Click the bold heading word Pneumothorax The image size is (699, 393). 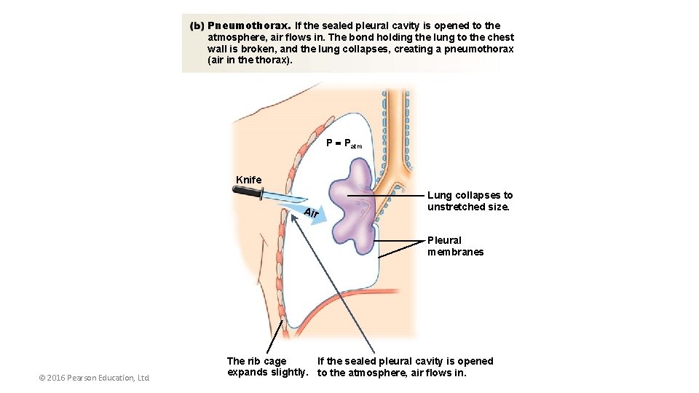(249, 25)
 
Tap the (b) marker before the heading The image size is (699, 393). (197, 25)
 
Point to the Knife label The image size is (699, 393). (249, 180)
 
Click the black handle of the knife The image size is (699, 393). (248, 193)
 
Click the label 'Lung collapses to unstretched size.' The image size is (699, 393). (470, 201)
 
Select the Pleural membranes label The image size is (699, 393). (455, 246)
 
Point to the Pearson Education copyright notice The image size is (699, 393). (94, 378)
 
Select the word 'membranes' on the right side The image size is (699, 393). (455, 252)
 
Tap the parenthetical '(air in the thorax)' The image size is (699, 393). (250, 60)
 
